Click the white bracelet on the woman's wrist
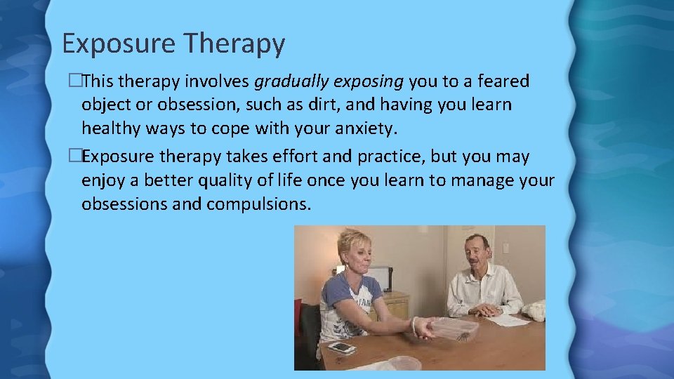click(x=415, y=324)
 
